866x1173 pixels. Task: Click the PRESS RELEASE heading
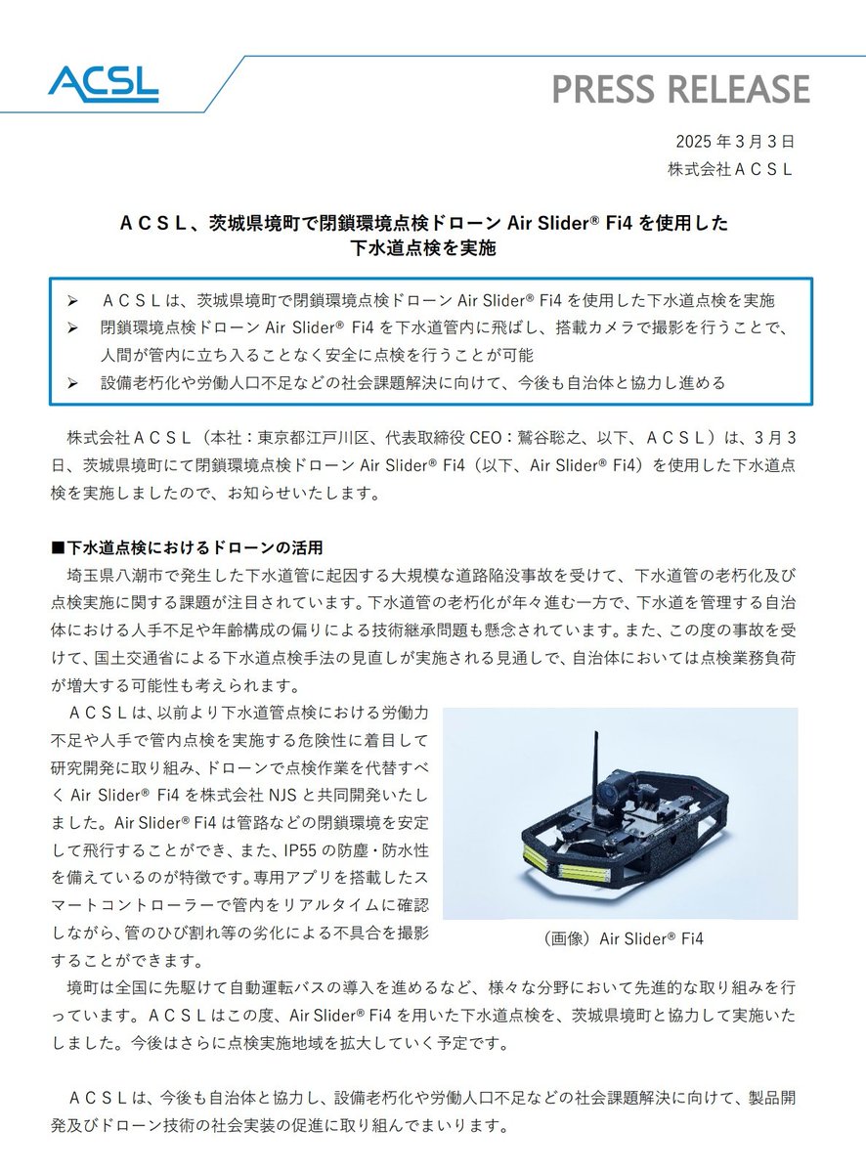(x=680, y=89)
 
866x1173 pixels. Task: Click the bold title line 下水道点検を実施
(x=424, y=248)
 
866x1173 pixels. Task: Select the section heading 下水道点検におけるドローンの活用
(x=192, y=545)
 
